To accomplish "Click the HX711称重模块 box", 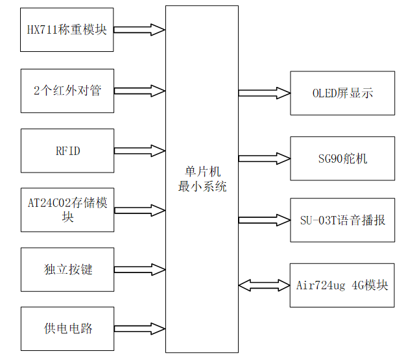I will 67,30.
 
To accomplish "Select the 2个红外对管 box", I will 67,90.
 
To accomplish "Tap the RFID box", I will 67,150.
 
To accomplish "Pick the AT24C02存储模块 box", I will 67,210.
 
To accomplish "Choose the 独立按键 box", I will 67,269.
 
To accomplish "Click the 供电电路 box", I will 67,329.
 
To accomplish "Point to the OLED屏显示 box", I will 342,93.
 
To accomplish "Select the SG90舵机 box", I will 342,158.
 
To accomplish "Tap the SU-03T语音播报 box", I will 342,220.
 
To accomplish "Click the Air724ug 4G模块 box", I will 342,285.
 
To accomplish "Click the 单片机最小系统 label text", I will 202,180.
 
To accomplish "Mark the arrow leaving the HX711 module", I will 139,29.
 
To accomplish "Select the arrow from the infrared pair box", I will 139,90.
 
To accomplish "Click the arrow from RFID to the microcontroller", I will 139,150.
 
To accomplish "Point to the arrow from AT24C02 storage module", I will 139,210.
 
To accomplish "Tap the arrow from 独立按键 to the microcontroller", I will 139,269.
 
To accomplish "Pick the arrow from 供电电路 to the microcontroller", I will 139,328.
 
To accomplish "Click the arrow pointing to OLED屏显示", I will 264,93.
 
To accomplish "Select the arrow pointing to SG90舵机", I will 264,158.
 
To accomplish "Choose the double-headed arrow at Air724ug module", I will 264,285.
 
